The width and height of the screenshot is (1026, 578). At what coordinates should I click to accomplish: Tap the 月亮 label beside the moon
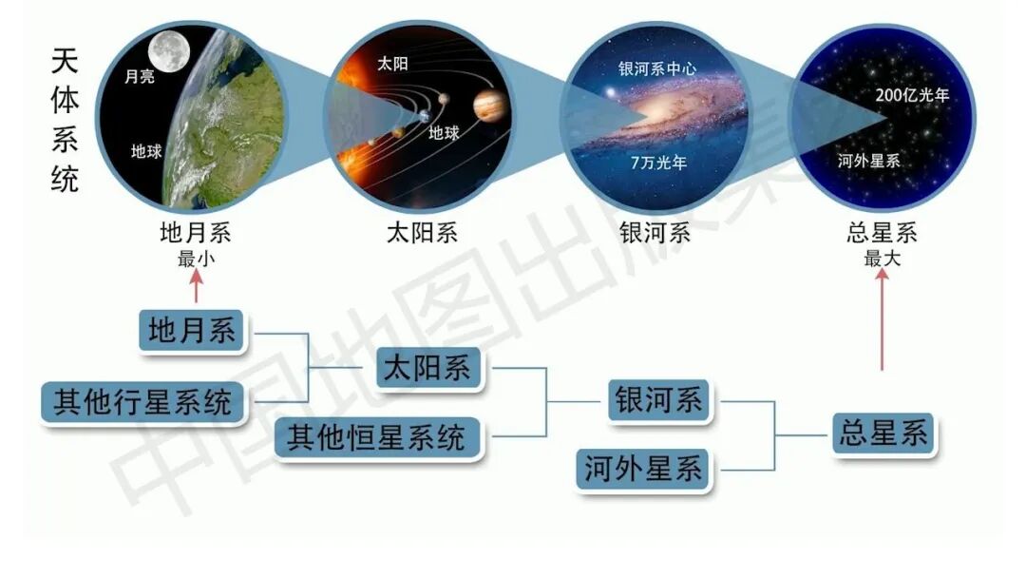tap(140, 77)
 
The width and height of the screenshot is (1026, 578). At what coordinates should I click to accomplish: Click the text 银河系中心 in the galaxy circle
tap(655, 70)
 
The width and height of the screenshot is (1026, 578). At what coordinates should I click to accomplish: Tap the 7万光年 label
tap(658, 163)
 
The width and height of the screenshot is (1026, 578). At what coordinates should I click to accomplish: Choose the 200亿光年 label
tap(912, 95)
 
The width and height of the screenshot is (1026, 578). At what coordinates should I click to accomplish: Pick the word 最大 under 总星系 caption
tap(882, 259)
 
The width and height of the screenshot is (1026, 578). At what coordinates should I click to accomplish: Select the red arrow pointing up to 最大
tap(883, 323)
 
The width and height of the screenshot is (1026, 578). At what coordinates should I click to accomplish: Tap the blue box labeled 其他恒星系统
tap(377, 438)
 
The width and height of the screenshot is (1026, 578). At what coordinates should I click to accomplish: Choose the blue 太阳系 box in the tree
tap(429, 367)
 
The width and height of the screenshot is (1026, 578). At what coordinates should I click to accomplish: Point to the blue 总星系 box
tap(883, 434)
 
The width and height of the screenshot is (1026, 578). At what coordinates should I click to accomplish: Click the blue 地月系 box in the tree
tap(192, 331)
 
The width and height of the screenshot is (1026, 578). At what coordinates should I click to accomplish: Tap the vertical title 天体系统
tap(65, 121)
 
